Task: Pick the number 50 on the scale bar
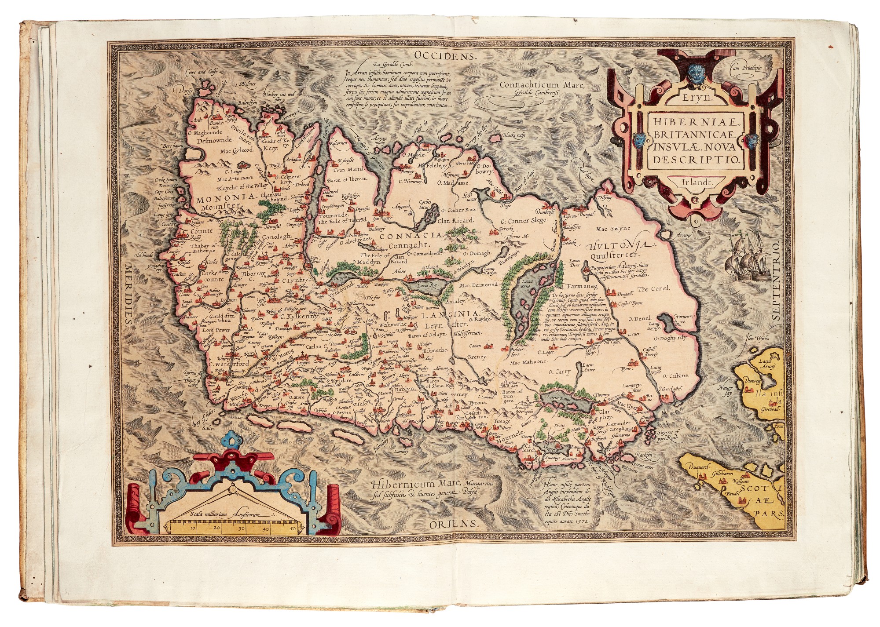click(293, 529)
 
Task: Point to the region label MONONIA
click(227, 199)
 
